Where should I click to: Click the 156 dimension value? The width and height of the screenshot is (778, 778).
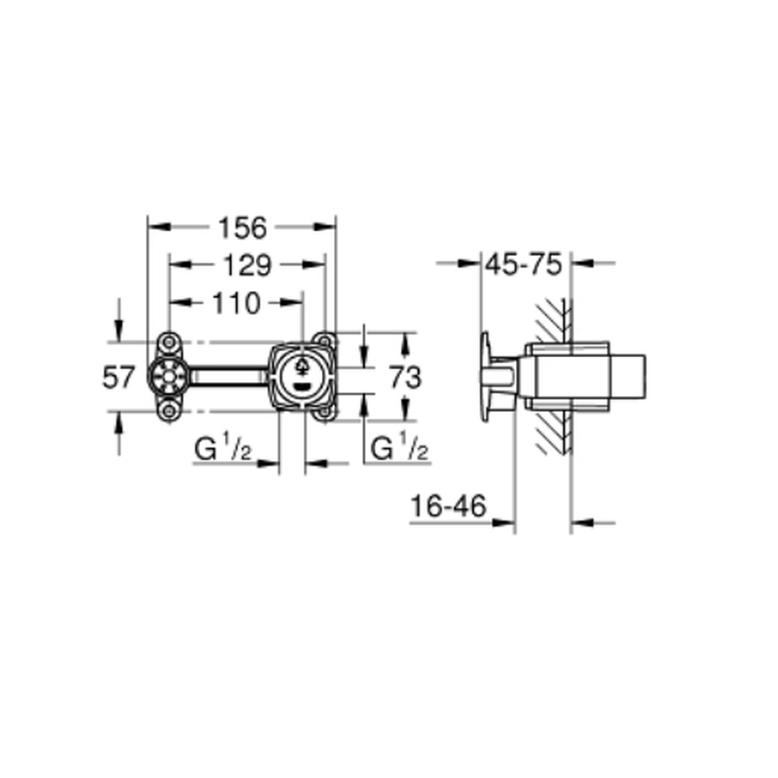click(243, 228)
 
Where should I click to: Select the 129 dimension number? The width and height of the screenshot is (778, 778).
click(247, 265)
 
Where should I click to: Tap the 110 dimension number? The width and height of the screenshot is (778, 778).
click(236, 303)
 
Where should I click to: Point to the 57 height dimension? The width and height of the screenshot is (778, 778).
click(118, 377)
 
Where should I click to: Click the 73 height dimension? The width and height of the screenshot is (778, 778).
click(405, 377)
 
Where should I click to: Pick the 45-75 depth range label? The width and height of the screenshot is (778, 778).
click(524, 264)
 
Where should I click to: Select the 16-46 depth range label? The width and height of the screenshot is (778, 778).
click(449, 506)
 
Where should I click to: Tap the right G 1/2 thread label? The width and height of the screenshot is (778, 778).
click(399, 447)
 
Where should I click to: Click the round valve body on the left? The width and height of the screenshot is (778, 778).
click(169, 377)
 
